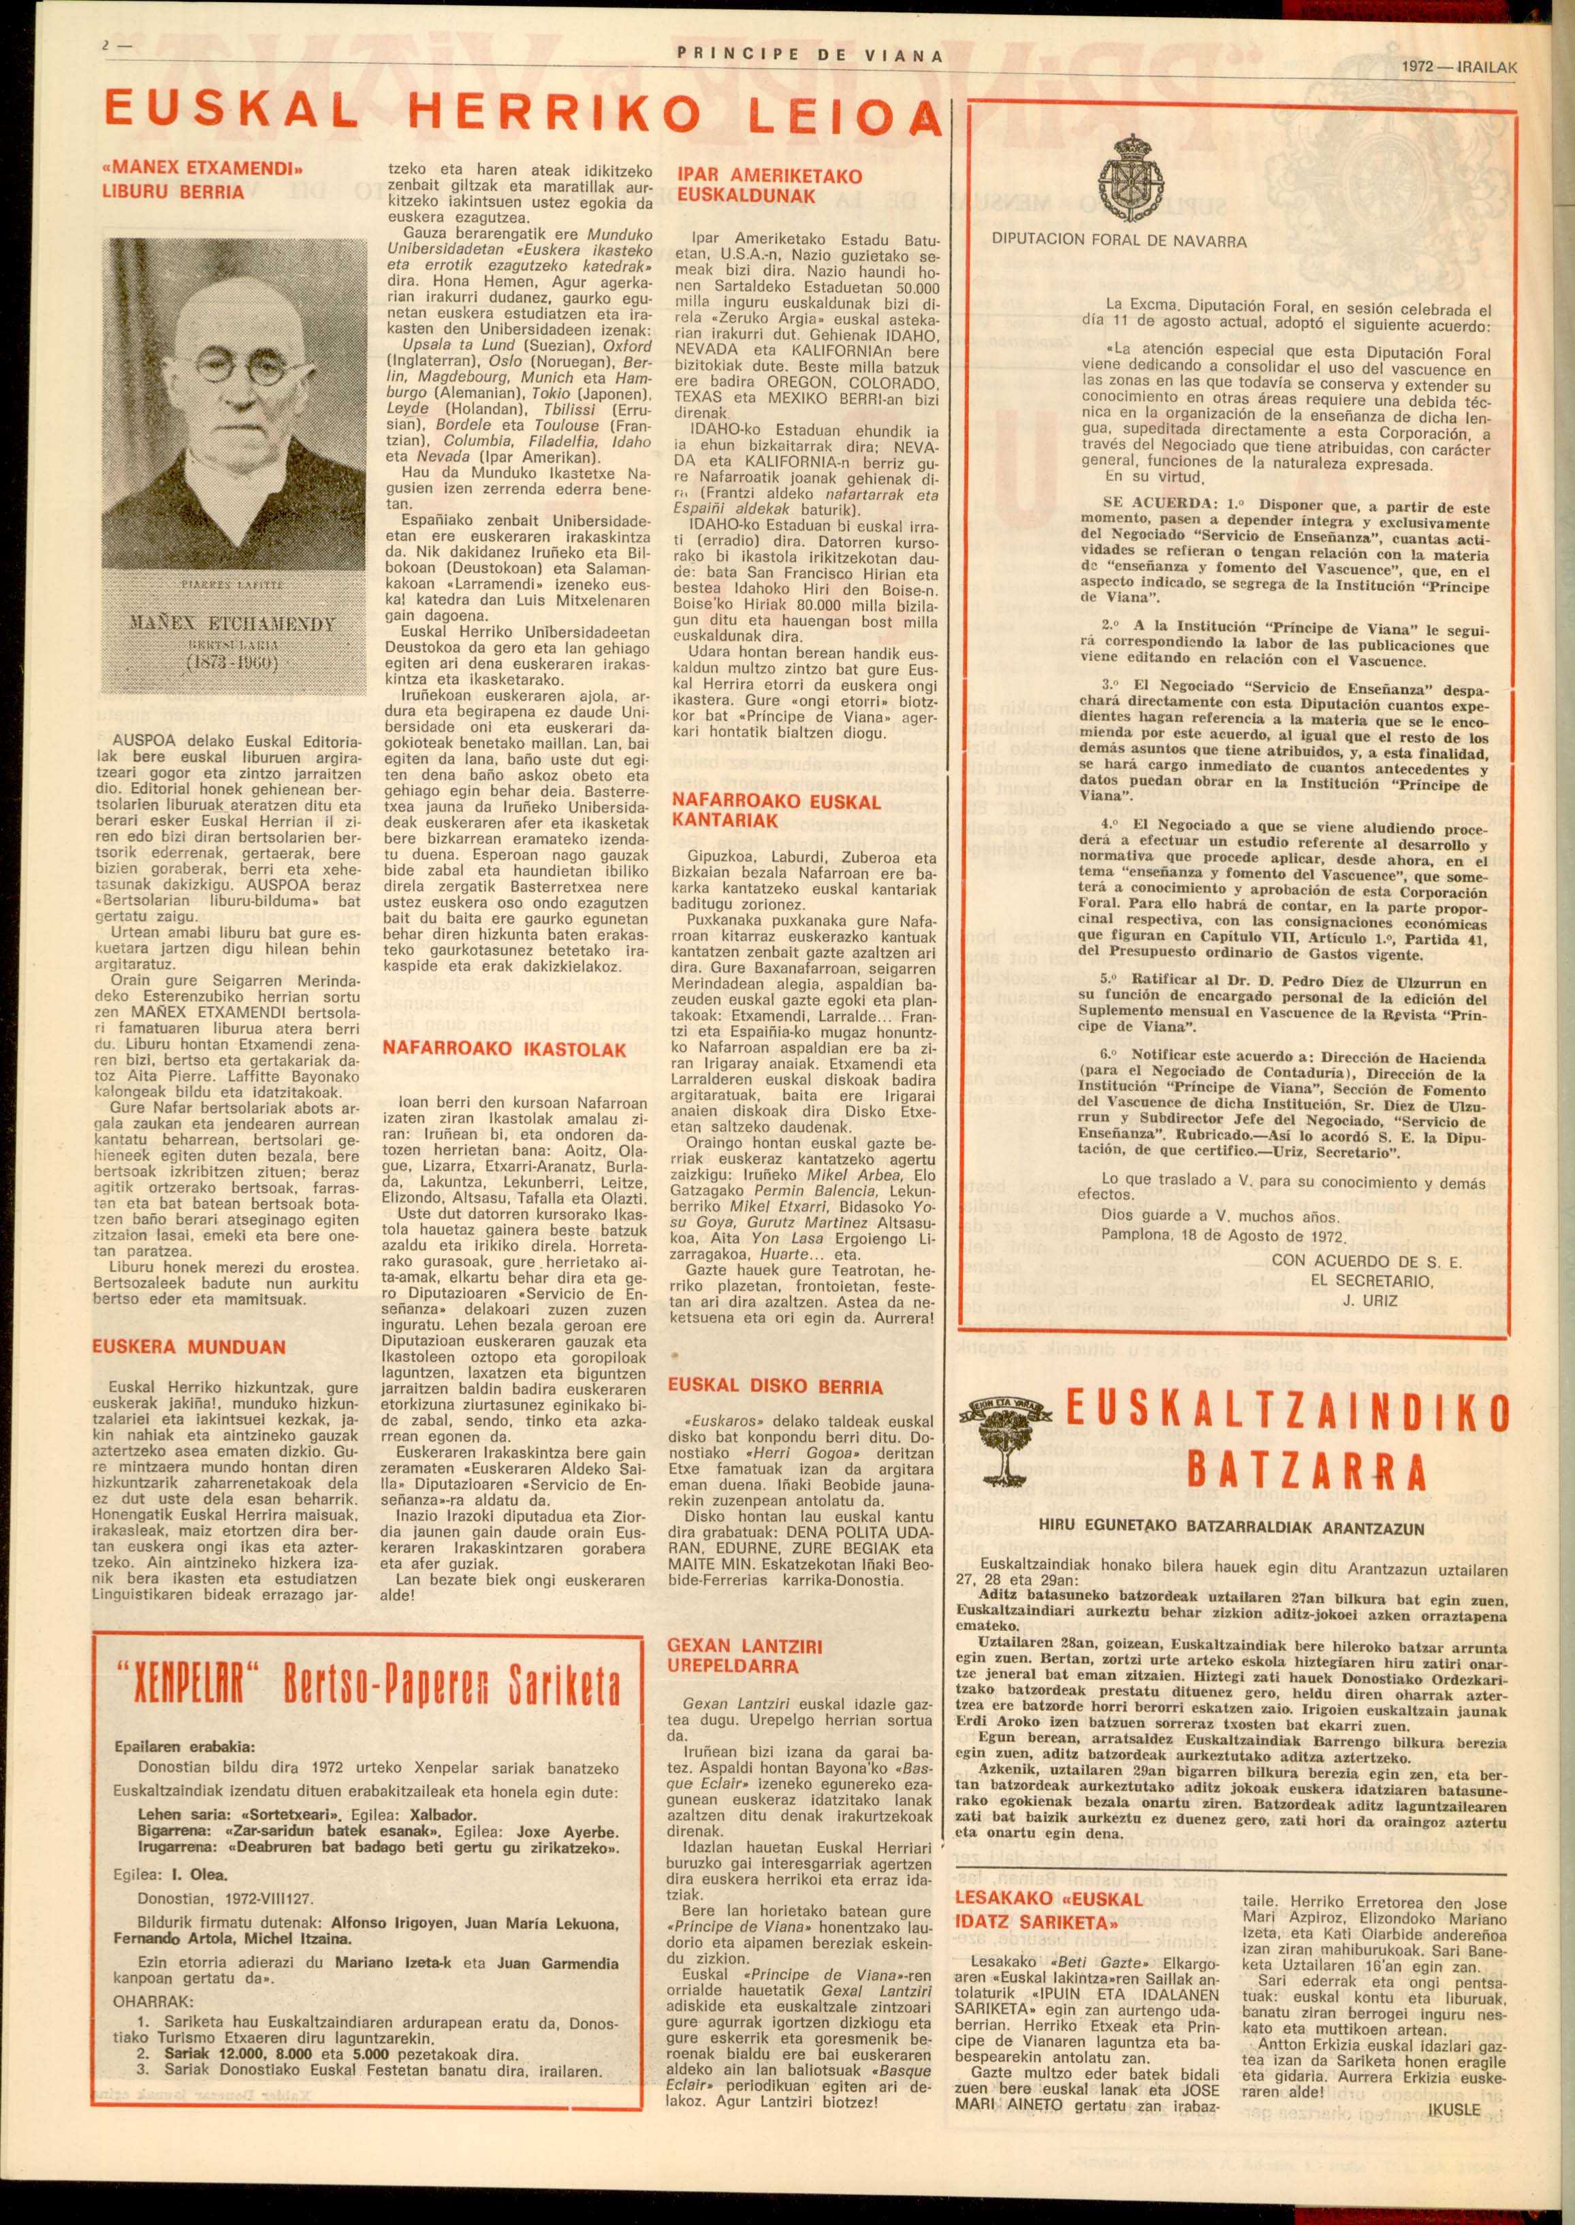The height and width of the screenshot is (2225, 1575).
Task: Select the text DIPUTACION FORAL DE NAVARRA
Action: [x=1119, y=242]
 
